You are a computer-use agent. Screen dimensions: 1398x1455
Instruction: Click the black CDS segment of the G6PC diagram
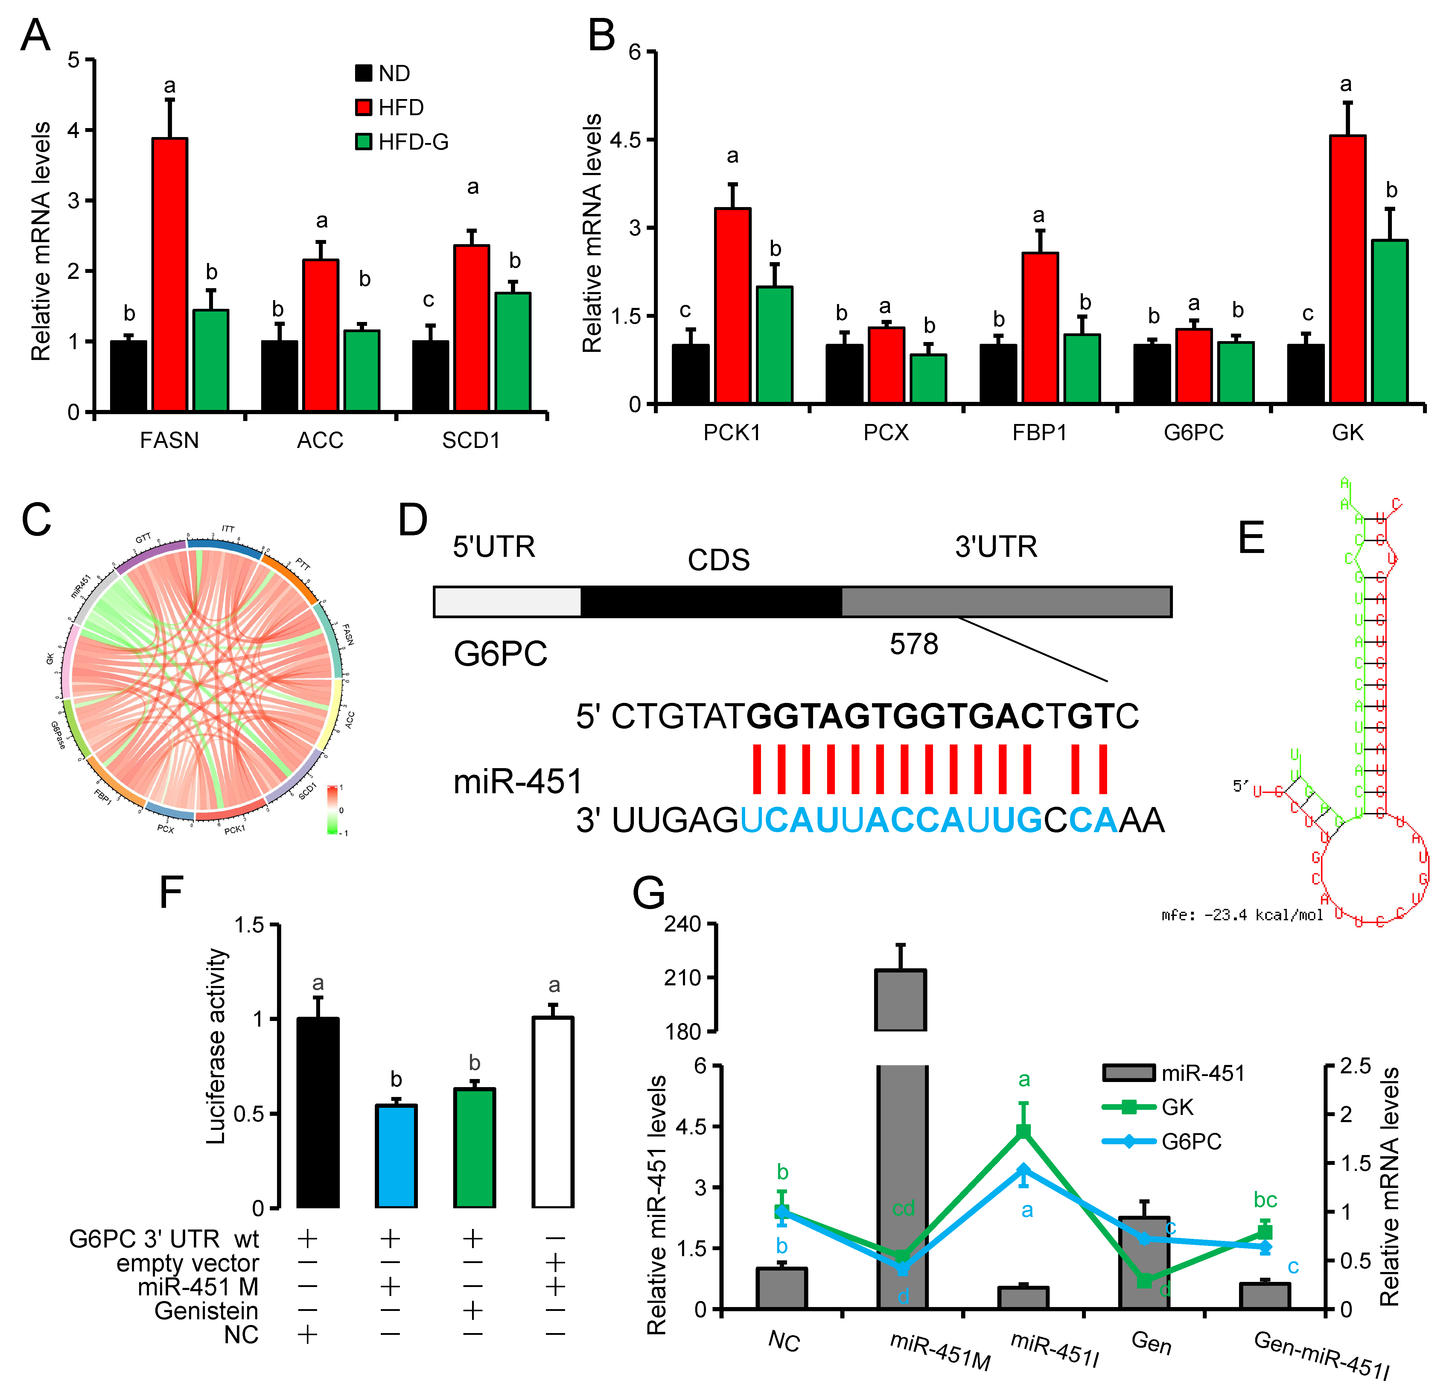pyautogui.click(x=711, y=601)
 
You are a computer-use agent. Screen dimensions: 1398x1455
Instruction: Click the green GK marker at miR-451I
pyautogui.click(x=1024, y=1131)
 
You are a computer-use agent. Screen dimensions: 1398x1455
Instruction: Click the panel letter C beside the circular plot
pyautogui.click(x=36, y=520)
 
